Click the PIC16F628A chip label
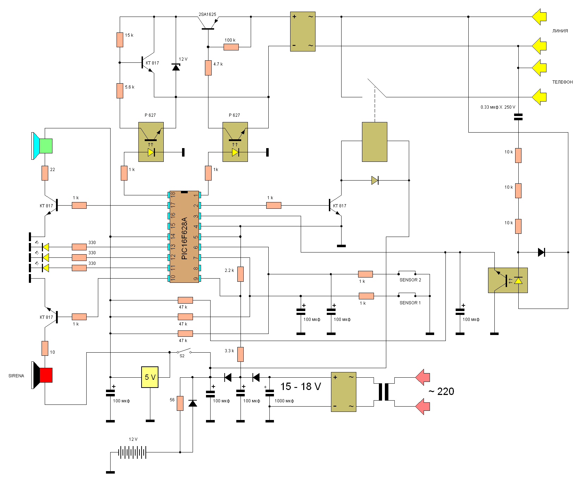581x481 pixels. (x=184, y=238)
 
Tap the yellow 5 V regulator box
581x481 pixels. (x=150, y=377)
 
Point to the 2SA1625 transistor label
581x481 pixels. (x=207, y=14)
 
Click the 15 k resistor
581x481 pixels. (x=120, y=39)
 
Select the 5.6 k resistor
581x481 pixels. (x=120, y=91)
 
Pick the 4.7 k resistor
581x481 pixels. (x=208, y=68)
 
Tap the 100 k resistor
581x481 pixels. (x=231, y=47)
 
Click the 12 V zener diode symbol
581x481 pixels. (x=176, y=67)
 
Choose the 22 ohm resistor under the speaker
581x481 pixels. (x=45, y=173)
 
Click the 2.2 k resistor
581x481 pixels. (x=240, y=274)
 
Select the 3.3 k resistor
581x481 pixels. (x=240, y=354)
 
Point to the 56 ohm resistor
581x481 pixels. (x=180, y=403)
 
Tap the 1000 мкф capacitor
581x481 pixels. (x=269, y=393)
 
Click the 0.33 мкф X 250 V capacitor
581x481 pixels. (x=518, y=117)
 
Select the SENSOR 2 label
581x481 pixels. (x=410, y=280)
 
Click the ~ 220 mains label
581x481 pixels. (x=441, y=391)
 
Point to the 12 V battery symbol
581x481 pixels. (x=132, y=452)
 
